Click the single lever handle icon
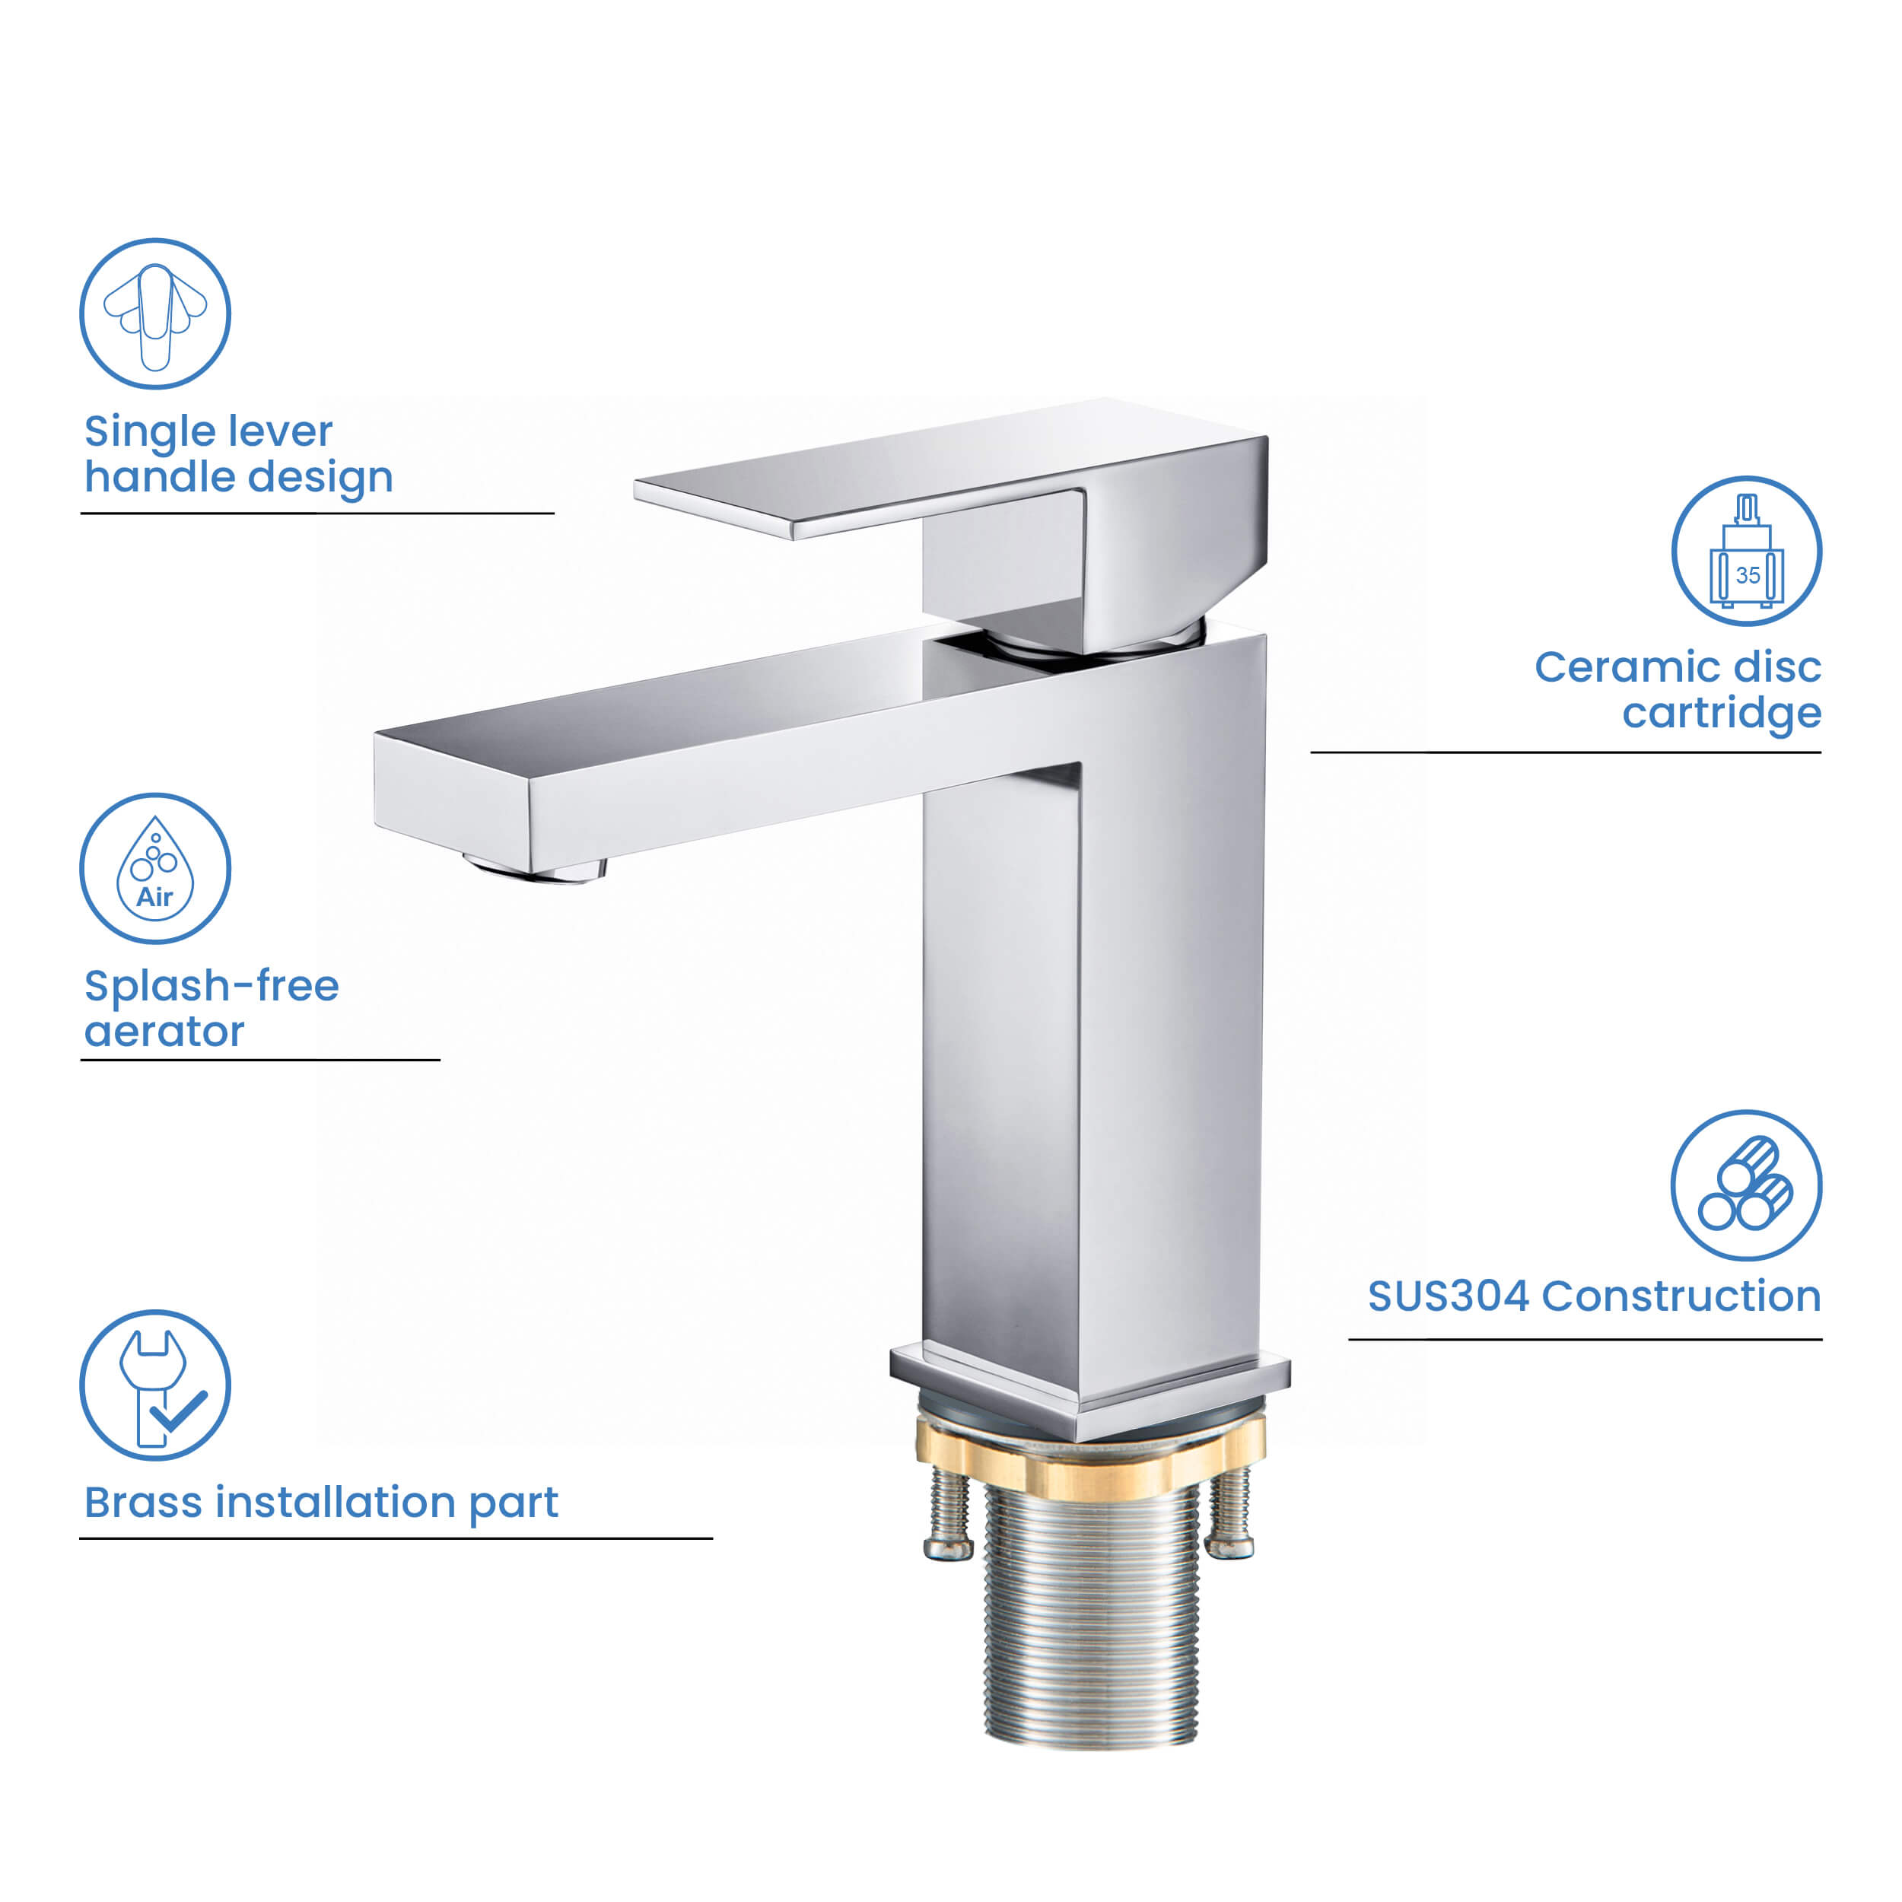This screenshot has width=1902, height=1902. point(154,313)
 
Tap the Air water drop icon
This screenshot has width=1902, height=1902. point(154,868)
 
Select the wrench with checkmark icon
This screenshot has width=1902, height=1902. point(154,1385)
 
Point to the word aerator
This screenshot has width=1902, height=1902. point(164,1032)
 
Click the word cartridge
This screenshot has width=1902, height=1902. point(1721,713)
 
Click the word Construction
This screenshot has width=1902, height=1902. point(1681,1296)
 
